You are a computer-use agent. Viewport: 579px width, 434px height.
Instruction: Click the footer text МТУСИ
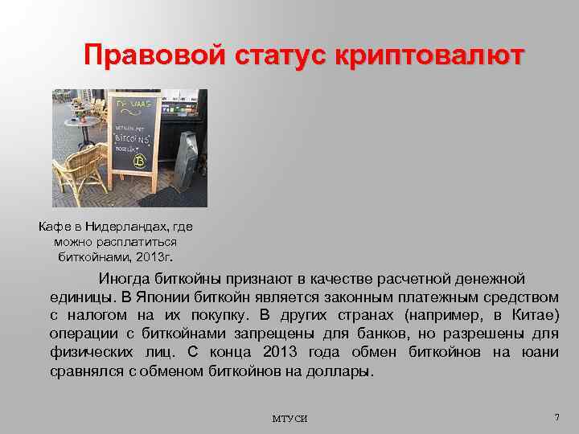289,419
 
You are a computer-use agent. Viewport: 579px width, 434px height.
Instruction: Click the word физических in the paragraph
88,352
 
